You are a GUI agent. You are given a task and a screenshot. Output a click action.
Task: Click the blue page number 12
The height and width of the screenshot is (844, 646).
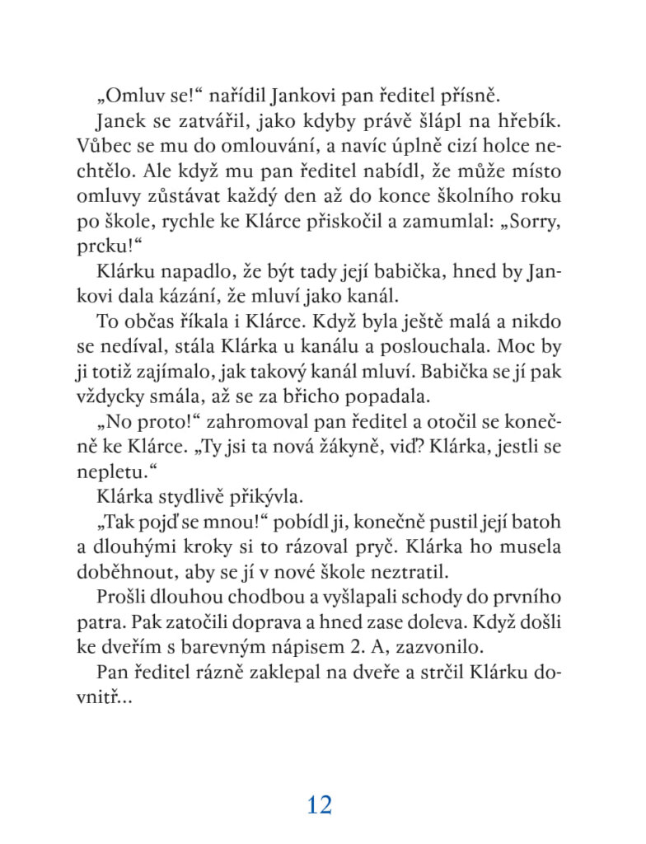tap(319, 804)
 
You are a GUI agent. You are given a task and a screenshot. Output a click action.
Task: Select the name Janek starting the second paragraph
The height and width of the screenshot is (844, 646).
tap(120, 122)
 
